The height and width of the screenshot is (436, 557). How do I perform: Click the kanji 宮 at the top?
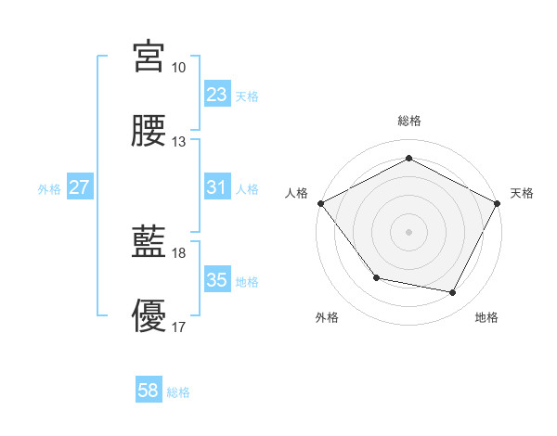(149, 57)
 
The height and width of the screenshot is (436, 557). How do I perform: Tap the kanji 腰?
(149, 132)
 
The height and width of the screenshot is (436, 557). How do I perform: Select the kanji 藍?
(149, 243)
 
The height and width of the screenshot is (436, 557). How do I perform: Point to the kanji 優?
(149, 317)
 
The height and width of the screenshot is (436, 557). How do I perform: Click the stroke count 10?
(179, 68)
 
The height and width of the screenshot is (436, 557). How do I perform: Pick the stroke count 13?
(179, 142)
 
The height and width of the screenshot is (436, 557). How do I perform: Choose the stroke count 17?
(179, 327)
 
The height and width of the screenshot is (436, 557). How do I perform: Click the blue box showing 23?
(216, 95)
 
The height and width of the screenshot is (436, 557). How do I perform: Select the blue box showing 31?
(216, 187)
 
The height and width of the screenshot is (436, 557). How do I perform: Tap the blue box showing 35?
(216, 280)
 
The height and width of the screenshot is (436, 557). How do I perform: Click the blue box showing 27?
(79, 187)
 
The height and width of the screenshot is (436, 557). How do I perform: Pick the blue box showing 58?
(149, 391)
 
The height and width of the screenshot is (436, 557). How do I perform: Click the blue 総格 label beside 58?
(179, 392)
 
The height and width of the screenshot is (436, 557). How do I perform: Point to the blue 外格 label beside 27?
(49, 189)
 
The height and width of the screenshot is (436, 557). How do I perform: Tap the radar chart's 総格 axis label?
(408, 121)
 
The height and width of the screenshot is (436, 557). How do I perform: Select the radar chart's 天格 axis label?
(522, 193)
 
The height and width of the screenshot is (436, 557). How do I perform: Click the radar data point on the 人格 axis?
(320, 202)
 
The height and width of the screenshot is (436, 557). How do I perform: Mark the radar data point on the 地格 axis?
(453, 293)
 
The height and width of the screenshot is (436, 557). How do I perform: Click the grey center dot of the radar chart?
(408, 231)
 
